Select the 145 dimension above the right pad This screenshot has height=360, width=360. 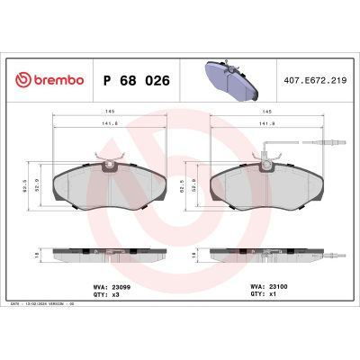266,112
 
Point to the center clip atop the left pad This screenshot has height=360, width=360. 111,164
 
